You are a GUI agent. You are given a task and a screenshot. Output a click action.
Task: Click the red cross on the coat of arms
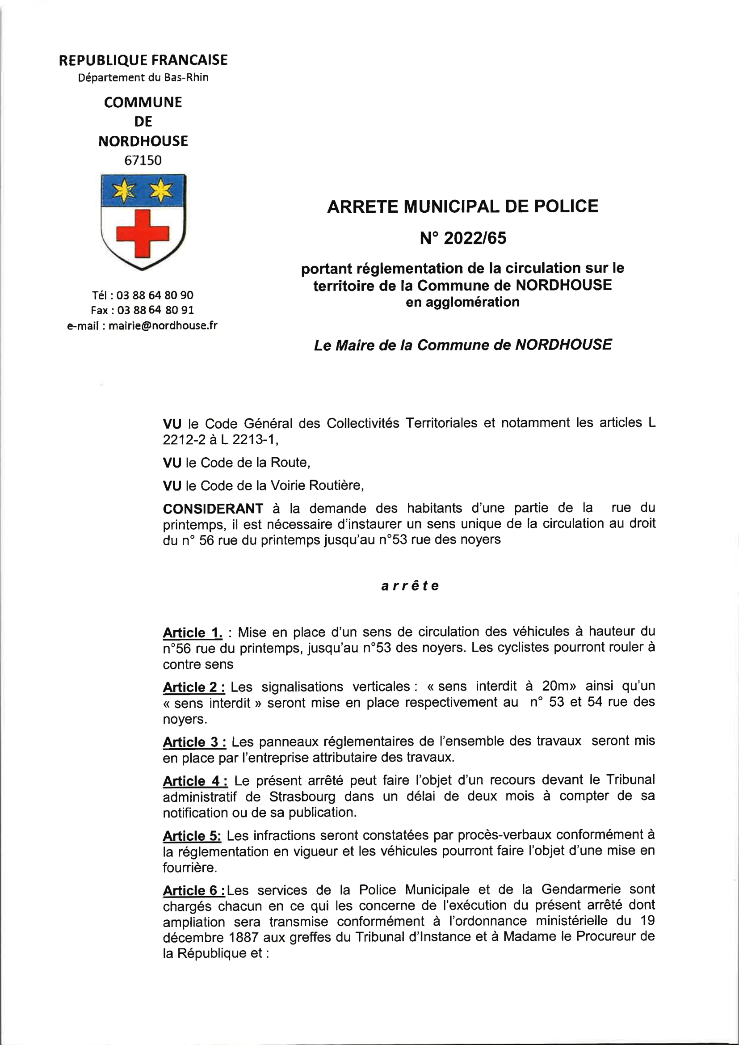pyautogui.click(x=143, y=233)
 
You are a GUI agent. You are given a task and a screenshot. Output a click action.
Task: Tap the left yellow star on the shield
pyautogui.click(x=124, y=190)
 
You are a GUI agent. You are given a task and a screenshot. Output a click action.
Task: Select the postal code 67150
pyautogui.click(x=143, y=160)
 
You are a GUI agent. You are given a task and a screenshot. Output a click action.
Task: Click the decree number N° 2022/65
pyautogui.click(x=463, y=238)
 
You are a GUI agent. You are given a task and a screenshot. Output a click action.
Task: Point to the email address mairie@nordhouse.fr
pyautogui.click(x=163, y=325)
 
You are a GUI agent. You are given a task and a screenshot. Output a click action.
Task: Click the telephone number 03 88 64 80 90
pyautogui.click(x=155, y=295)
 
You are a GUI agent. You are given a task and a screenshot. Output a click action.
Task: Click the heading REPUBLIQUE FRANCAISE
pyautogui.click(x=143, y=60)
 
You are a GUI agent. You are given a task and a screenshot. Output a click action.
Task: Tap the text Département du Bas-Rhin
pyautogui.click(x=143, y=77)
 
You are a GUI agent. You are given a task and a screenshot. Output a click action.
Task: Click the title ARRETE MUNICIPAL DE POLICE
pyautogui.click(x=462, y=206)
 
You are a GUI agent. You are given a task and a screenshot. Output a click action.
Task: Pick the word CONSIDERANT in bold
pyautogui.click(x=213, y=508)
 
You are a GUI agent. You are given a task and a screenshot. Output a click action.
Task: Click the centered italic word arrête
pyautogui.click(x=410, y=586)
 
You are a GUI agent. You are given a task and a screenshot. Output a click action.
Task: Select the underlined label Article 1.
pyautogui.click(x=193, y=632)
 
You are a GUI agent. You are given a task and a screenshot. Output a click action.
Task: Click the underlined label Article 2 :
pyautogui.click(x=194, y=687)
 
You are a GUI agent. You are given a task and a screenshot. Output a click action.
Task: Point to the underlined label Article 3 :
pyautogui.click(x=194, y=742)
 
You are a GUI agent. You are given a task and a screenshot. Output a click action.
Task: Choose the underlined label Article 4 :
pyautogui.click(x=195, y=781)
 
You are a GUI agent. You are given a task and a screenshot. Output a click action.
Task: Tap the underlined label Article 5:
pyautogui.click(x=192, y=836)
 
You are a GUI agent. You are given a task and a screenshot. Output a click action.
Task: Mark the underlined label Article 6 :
pyautogui.click(x=194, y=890)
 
